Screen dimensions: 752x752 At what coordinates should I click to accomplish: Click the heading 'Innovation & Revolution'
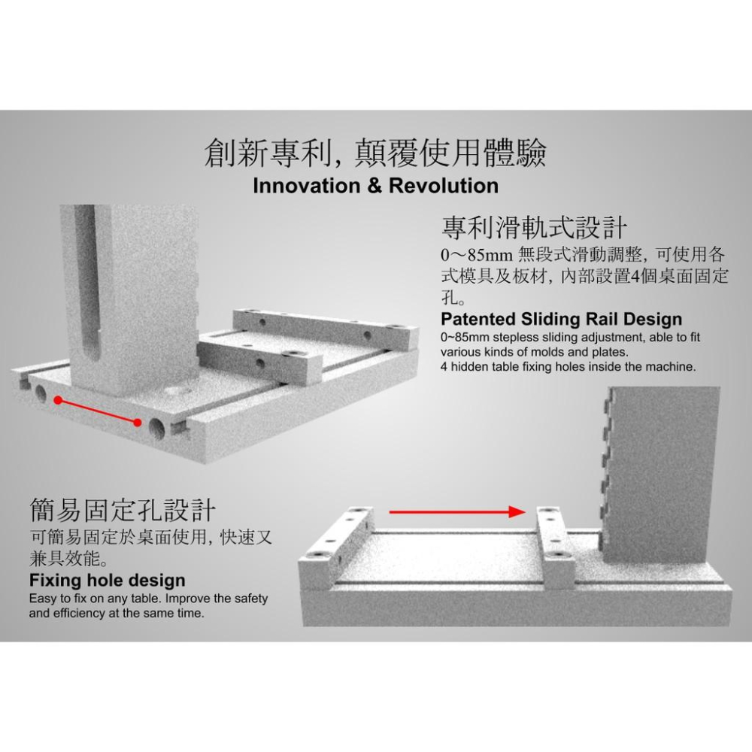click(x=375, y=186)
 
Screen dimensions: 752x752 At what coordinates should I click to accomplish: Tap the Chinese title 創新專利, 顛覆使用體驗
click(x=375, y=152)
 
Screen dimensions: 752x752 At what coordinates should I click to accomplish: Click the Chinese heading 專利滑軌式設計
click(x=535, y=226)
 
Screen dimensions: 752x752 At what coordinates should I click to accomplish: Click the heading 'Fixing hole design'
click(x=107, y=581)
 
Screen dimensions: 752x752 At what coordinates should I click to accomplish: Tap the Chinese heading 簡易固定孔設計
click(x=123, y=511)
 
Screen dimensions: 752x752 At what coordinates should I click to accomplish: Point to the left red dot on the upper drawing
click(x=58, y=402)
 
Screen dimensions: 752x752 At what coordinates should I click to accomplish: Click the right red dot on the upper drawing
click(x=137, y=423)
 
